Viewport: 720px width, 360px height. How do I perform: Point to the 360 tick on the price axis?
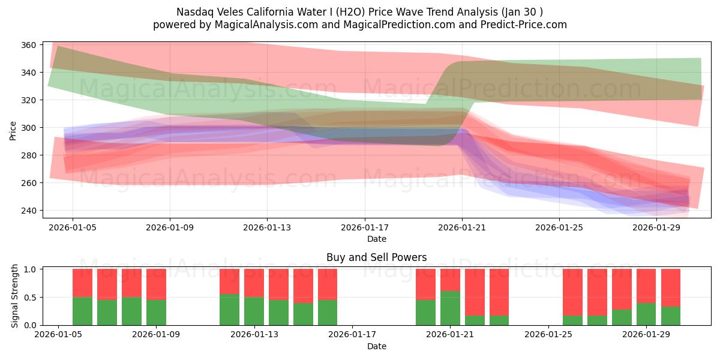click(29, 45)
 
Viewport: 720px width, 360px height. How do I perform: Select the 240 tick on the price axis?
click(29, 211)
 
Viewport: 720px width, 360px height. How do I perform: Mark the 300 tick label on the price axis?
click(29, 128)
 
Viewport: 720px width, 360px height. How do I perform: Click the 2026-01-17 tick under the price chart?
click(364, 228)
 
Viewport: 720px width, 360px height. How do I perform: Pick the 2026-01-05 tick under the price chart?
click(73, 228)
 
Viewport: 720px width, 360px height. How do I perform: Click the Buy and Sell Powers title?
click(376, 257)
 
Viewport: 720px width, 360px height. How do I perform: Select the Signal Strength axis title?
click(16, 296)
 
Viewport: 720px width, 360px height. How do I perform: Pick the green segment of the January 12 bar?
click(229, 310)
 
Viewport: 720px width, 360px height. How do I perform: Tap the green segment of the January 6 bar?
click(82, 311)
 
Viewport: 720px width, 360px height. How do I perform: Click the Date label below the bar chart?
click(376, 346)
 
